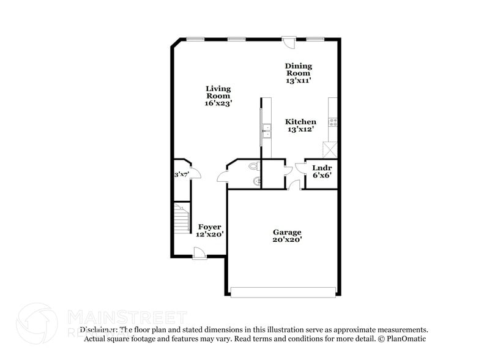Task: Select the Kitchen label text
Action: (301, 122)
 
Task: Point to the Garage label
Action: (286, 232)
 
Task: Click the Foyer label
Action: (209, 227)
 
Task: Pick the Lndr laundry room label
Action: (322, 168)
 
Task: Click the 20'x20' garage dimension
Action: (286, 240)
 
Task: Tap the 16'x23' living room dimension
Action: (218, 103)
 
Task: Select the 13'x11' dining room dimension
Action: (298, 80)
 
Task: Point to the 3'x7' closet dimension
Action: (181, 174)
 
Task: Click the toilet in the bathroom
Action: (255, 166)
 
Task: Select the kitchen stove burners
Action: (333, 121)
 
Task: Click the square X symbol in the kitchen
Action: (330, 149)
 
